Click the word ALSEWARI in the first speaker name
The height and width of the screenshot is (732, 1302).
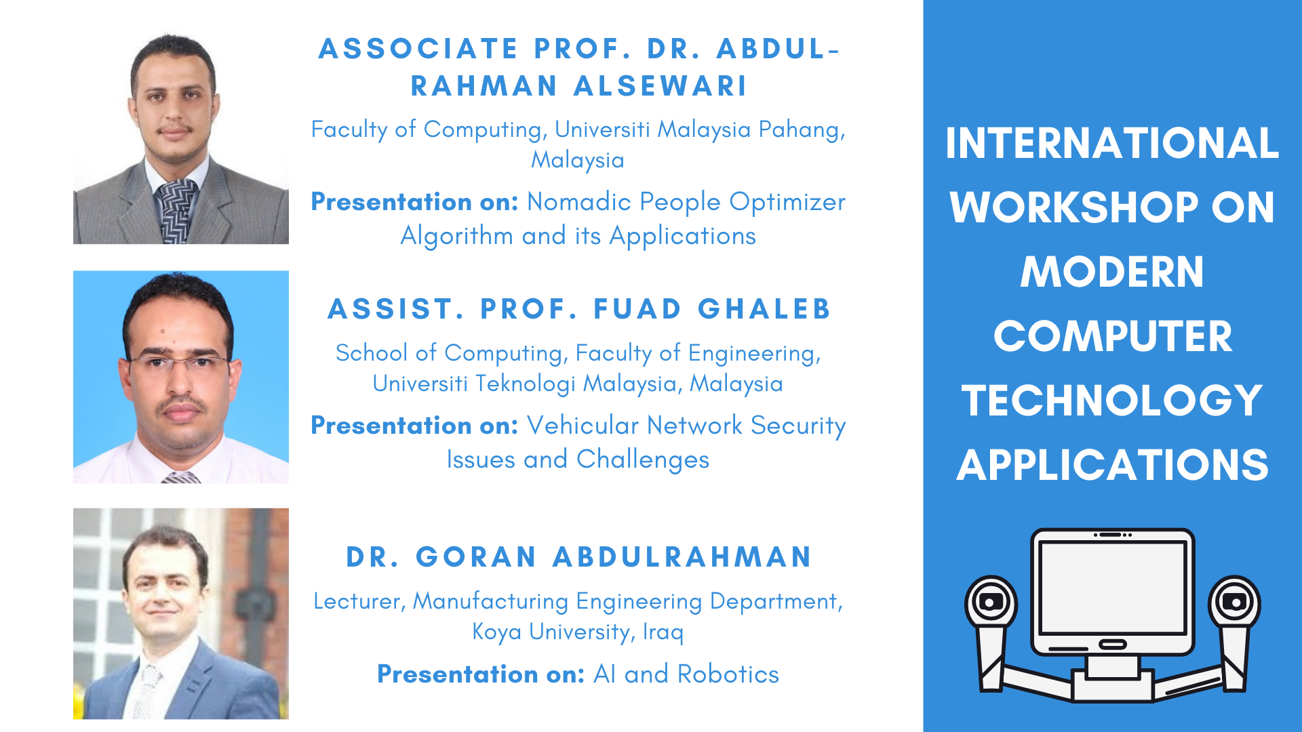tap(660, 86)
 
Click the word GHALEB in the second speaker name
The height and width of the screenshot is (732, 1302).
tap(764, 309)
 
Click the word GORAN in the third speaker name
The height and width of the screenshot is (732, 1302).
tap(476, 557)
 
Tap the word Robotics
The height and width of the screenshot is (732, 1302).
tap(728, 674)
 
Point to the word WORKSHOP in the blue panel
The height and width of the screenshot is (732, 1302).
tap(1074, 207)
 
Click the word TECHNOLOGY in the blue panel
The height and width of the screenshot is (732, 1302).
tap(1111, 401)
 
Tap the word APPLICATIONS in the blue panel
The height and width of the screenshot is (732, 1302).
tap(1112, 465)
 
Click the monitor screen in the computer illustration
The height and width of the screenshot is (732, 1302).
tap(1112, 588)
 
